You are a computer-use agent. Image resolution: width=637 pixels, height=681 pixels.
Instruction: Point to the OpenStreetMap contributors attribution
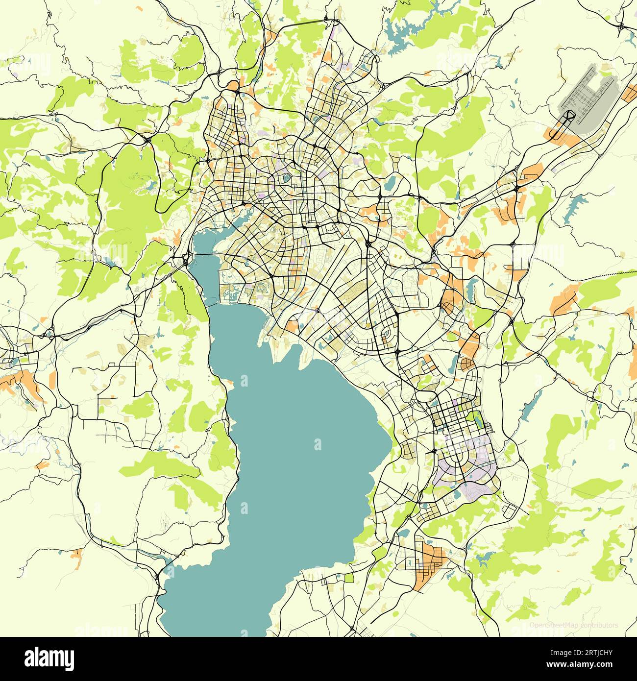pyautogui.click(x=574, y=625)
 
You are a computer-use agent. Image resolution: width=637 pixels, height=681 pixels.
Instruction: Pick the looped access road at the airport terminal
pyautogui.click(x=569, y=116)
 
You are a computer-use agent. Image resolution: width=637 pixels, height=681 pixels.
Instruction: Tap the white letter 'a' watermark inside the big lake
pyautogui.click(x=318, y=444)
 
